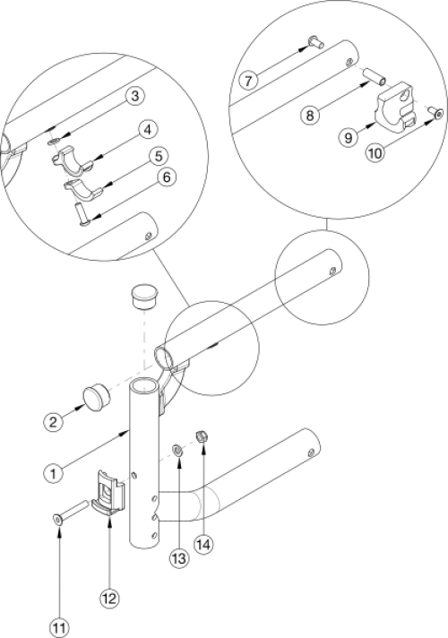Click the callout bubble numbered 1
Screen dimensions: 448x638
[53, 473]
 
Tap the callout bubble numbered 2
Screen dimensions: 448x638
[53, 421]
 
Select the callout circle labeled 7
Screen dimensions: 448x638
[248, 81]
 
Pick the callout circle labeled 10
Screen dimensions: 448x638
[375, 153]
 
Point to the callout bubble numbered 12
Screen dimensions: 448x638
[110, 599]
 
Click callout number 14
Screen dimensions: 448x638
[203, 545]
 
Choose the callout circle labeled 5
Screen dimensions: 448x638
[159, 156]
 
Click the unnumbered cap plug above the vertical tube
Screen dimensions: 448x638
[144, 297]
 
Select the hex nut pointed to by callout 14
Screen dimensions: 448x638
[201, 437]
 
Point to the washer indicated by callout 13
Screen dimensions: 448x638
[177, 451]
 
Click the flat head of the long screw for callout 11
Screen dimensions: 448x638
[58, 520]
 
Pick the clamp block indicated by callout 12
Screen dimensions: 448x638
[108, 493]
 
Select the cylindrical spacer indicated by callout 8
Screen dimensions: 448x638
[374, 76]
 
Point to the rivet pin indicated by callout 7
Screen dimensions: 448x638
[314, 42]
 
